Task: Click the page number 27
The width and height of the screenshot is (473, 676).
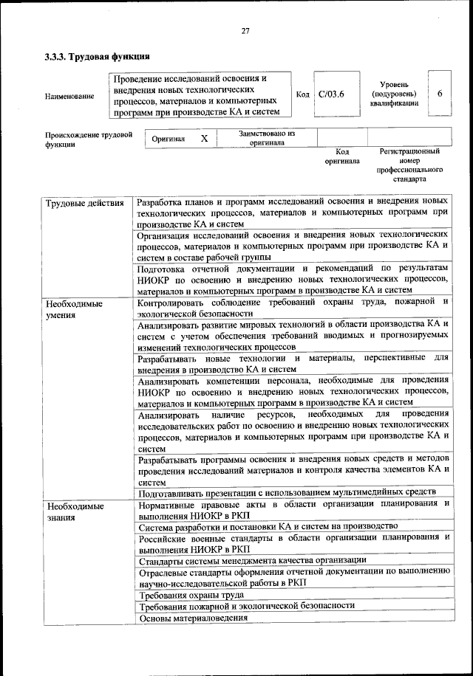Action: click(246, 30)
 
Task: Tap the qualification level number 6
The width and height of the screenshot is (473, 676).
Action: click(440, 94)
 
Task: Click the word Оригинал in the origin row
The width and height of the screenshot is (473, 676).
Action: click(168, 139)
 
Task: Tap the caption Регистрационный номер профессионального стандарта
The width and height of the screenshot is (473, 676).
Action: click(409, 165)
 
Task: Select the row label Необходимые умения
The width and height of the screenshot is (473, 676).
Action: click(74, 308)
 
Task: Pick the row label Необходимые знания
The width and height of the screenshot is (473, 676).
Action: click(74, 512)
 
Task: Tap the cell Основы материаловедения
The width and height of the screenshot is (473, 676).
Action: click(192, 618)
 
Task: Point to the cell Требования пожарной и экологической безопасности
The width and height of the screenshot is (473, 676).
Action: click(246, 606)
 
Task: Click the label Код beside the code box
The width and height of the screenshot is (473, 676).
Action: click(302, 94)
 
